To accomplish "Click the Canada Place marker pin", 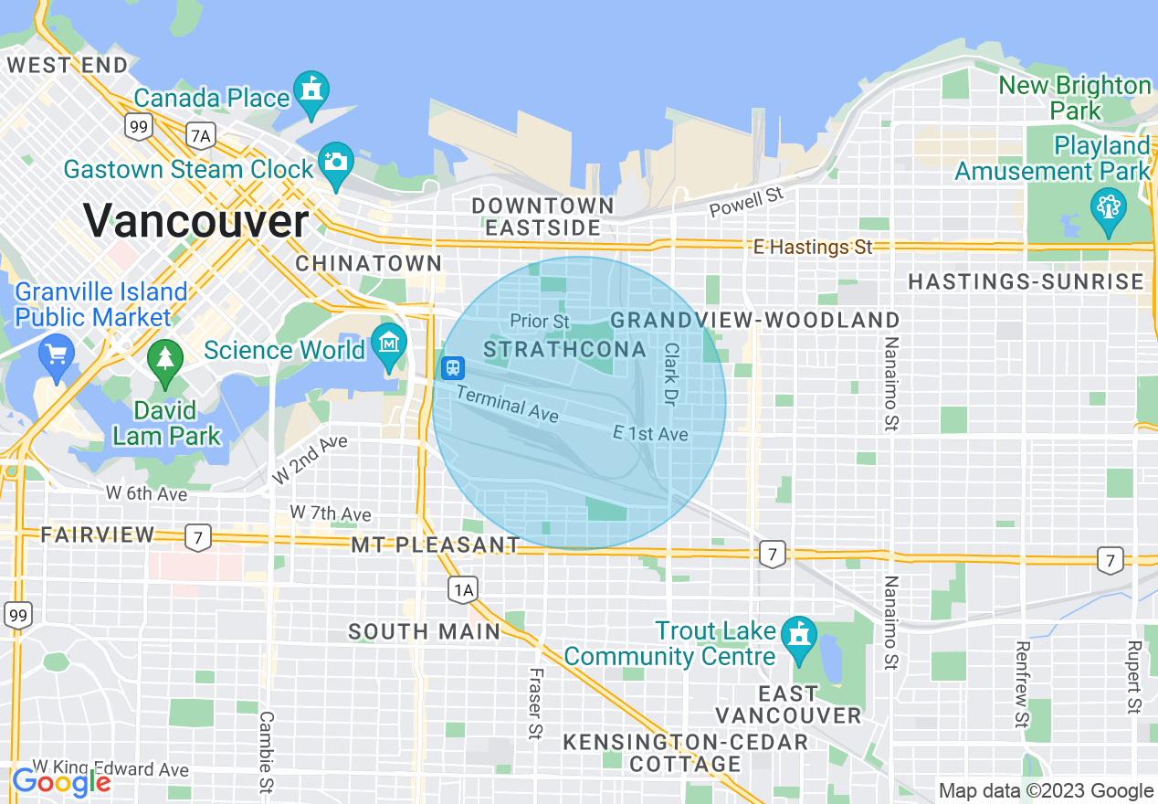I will tap(311, 93).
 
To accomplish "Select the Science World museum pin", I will tap(390, 344).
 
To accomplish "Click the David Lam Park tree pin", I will tap(165, 359).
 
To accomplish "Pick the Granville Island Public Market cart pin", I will tap(57, 353).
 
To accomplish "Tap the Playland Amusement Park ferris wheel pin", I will tap(1108, 207).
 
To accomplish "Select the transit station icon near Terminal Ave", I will tap(453, 367).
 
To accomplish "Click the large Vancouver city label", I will tap(196, 220).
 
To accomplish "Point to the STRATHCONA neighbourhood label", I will tap(564, 350).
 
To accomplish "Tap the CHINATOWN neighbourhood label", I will tap(369, 264).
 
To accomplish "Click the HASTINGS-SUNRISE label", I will tap(1026, 282).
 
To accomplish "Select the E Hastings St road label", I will tap(813, 248).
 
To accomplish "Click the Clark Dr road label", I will tap(671, 374).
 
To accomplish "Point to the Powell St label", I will tap(747, 203).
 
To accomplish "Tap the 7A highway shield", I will tap(200, 136).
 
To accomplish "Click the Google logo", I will tap(61, 782).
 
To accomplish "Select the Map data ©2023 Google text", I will tap(1047, 791).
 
